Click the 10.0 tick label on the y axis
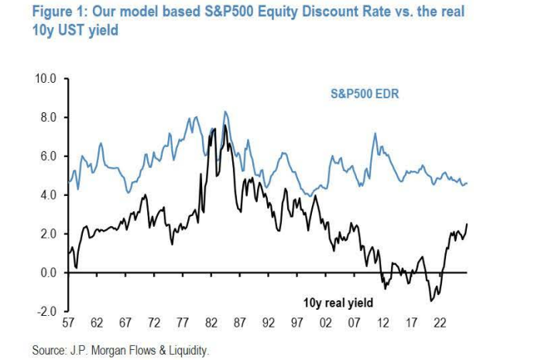point(46,78)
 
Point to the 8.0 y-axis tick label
point(49,117)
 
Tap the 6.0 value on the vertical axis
point(49,156)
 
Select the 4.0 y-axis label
point(49,195)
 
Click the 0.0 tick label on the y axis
point(49,273)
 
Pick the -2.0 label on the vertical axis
point(46,311)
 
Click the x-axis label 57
point(68,323)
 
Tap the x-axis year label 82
point(211,323)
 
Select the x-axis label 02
point(326,323)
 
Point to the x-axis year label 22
point(440,323)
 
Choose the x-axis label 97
point(297,323)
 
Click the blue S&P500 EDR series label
point(365,94)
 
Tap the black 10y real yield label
point(338,303)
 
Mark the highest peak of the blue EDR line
point(225,112)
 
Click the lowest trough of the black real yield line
point(431,301)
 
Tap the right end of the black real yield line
point(467,224)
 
